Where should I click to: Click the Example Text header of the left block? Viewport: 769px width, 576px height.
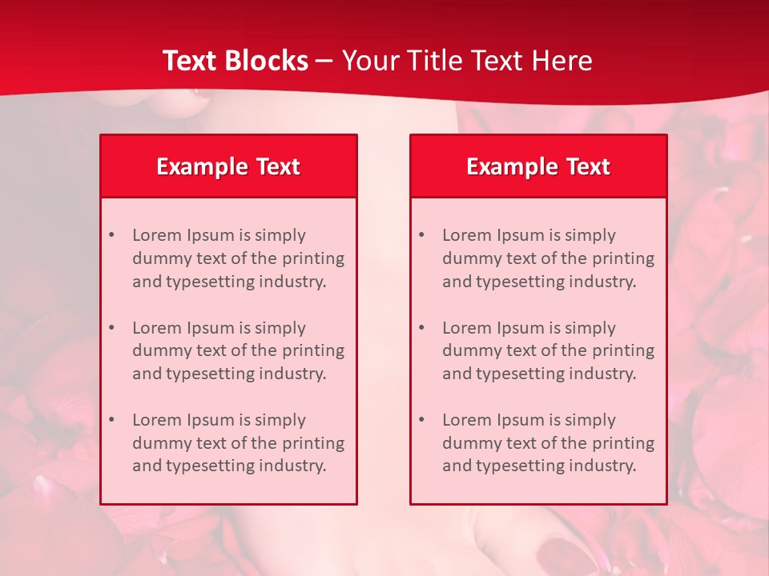(x=228, y=166)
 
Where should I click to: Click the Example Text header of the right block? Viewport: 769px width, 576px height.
(x=538, y=166)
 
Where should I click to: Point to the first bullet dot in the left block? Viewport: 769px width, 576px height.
(x=111, y=235)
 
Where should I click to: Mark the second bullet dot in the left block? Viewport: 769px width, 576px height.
(x=111, y=328)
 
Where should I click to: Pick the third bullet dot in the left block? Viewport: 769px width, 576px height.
(x=111, y=420)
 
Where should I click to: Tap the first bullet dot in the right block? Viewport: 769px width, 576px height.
(x=421, y=235)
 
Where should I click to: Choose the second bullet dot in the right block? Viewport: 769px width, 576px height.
(x=421, y=328)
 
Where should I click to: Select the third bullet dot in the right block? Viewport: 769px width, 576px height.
(x=421, y=420)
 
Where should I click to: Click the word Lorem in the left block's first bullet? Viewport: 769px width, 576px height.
(x=157, y=235)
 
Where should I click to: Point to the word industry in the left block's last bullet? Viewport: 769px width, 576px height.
(x=292, y=466)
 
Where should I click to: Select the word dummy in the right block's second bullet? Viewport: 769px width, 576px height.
(x=470, y=350)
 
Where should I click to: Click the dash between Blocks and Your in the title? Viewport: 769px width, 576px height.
(x=324, y=61)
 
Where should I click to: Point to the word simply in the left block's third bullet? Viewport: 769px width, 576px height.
(x=280, y=420)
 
